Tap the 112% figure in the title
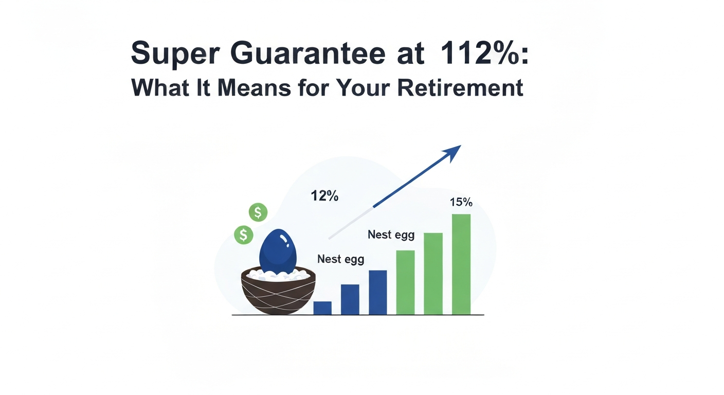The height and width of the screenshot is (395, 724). click(475, 53)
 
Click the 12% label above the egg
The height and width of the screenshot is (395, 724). click(324, 196)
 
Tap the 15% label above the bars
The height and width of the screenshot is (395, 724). click(461, 203)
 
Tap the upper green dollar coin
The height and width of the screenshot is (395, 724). click(258, 212)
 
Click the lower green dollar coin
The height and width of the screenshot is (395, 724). click(244, 235)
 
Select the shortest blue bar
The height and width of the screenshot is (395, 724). click(322, 308)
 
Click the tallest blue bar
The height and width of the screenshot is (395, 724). click(378, 292)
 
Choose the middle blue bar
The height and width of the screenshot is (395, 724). click(350, 299)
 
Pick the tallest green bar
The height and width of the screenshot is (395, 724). click(461, 264)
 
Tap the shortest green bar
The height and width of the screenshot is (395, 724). click(406, 282)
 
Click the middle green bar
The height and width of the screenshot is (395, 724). click(433, 274)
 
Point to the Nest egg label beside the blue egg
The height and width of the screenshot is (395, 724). click(340, 259)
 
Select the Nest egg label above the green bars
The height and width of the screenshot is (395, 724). click(391, 235)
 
